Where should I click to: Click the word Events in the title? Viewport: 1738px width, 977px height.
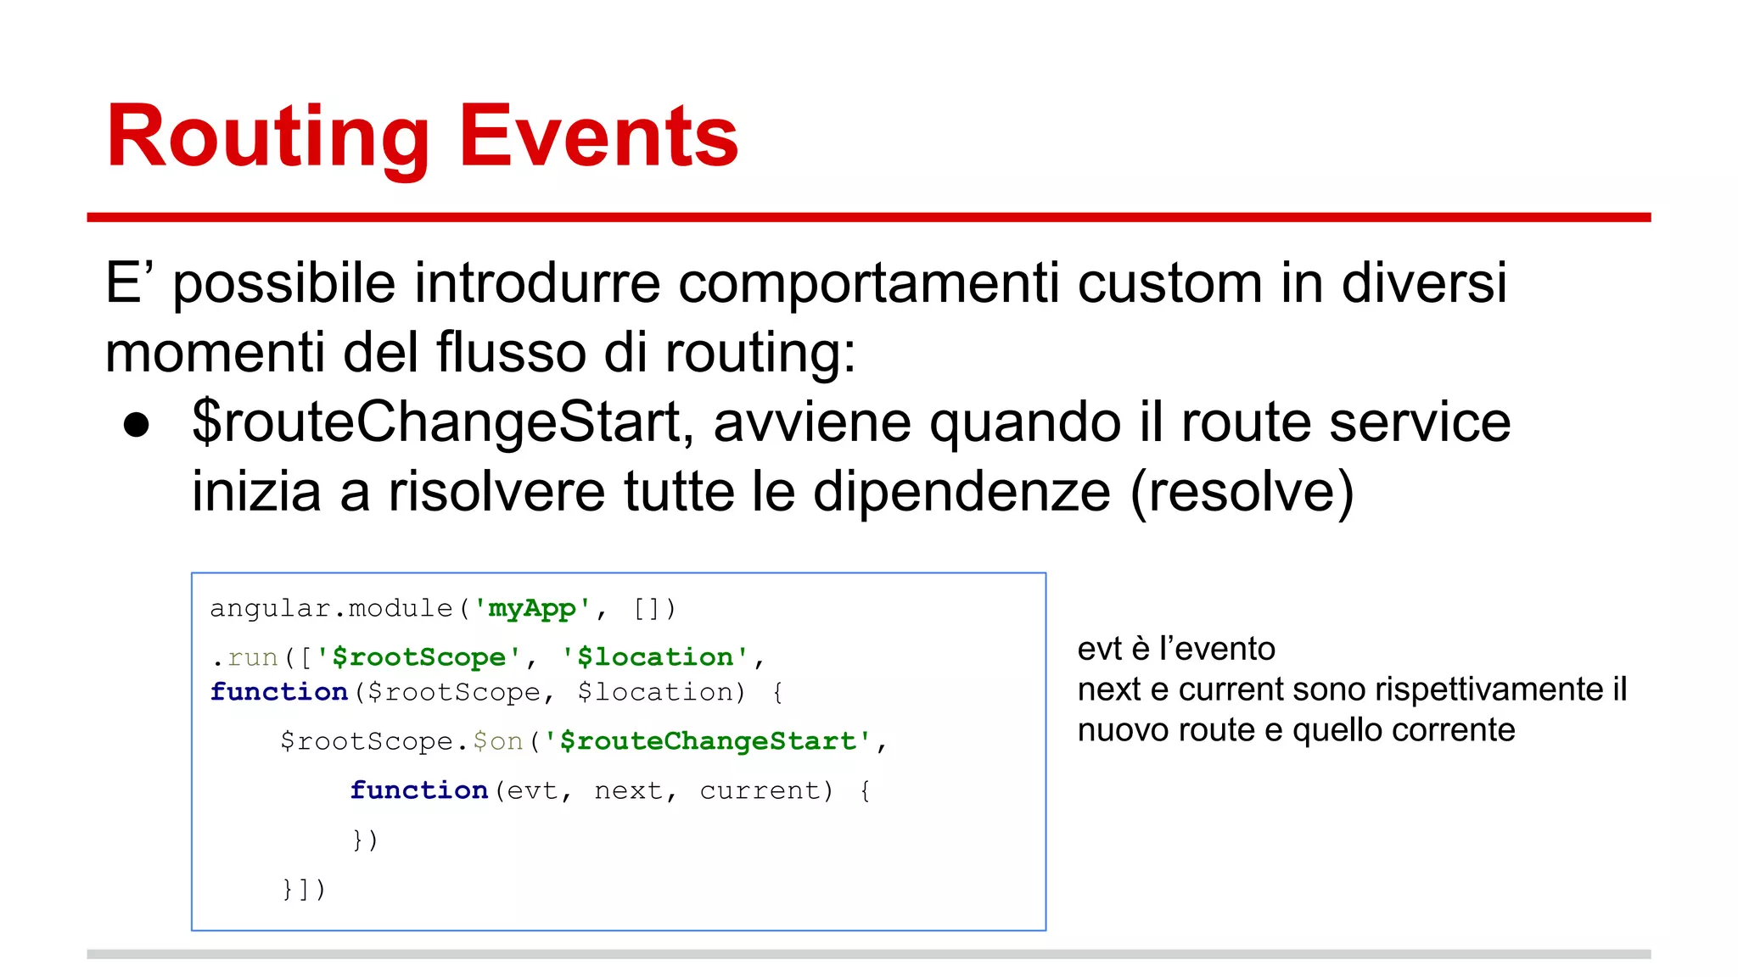point(598,137)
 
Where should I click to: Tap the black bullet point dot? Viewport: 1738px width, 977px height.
point(137,425)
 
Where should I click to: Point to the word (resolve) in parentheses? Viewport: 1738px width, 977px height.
point(1242,492)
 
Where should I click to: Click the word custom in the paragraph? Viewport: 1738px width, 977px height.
point(1170,282)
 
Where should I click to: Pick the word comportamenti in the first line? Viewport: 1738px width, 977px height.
point(868,284)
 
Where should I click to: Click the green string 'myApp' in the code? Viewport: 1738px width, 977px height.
point(532,608)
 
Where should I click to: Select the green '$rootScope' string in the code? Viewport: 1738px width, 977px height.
point(418,657)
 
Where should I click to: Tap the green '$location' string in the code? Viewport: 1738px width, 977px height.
point(654,657)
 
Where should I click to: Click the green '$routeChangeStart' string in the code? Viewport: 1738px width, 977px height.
point(708,741)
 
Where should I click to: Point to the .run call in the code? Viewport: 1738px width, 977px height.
point(246,657)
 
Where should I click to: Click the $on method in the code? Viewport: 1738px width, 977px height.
point(497,741)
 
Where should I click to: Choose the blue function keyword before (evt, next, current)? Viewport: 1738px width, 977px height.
point(419,790)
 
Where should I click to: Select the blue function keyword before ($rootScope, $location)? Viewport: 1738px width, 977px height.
point(279,692)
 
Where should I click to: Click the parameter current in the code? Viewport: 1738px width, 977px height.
point(760,790)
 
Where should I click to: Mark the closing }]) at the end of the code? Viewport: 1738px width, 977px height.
point(304,889)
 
